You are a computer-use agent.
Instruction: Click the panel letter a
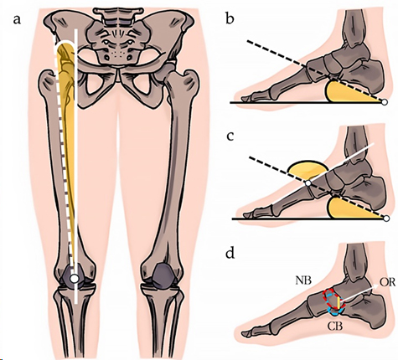pos(17,20)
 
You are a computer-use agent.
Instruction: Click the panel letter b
pos(230,18)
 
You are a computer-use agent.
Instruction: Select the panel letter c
pos(230,136)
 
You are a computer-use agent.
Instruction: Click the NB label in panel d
pos(304,280)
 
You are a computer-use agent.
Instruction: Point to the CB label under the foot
pos(335,327)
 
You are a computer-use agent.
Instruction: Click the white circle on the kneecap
pos(74,278)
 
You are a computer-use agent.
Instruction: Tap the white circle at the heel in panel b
pos(385,102)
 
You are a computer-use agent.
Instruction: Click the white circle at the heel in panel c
pos(386,219)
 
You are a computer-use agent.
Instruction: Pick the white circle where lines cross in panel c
pos(308,183)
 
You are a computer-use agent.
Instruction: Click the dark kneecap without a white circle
pos(162,274)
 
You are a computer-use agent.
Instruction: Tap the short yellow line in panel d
pos(339,303)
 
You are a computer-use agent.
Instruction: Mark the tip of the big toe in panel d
pos(242,334)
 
